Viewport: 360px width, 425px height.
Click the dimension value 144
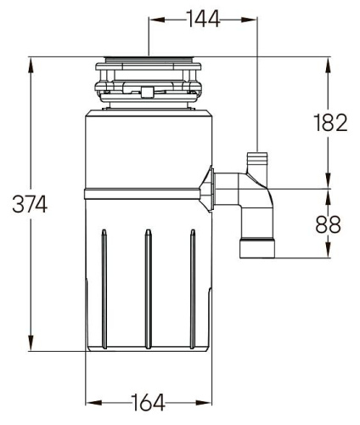point(202,19)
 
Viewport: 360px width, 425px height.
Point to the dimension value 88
point(329,224)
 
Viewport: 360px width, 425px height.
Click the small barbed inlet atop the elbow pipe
point(256,161)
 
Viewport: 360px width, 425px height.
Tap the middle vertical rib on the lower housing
point(148,289)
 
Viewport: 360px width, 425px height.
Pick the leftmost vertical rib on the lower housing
point(104,289)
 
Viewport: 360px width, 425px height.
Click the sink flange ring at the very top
point(149,62)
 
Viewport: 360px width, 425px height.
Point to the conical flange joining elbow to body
point(206,187)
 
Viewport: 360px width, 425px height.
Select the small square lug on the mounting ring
point(147,89)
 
